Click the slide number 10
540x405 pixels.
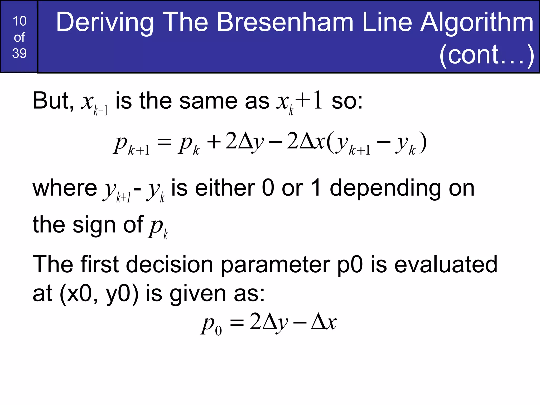(x=20, y=21)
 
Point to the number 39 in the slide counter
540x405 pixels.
(x=20, y=53)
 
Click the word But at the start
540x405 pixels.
(x=53, y=101)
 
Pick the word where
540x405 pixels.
(x=65, y=188)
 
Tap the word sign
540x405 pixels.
(x=94, y=225)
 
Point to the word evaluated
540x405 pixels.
(x=446, y=264)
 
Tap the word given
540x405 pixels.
(x=198, y=294)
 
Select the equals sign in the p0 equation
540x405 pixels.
(x=237, y=323)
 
